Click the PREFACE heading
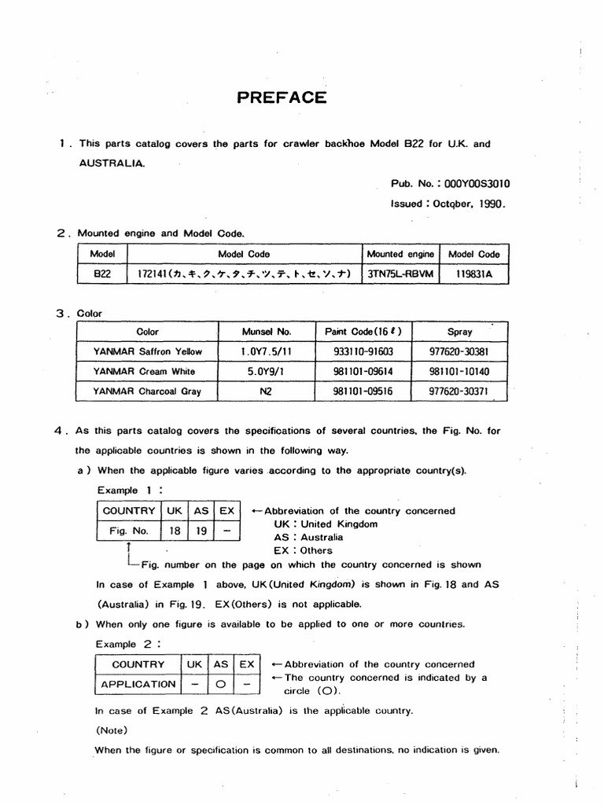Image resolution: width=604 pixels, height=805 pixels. pyautogui.click(x=281, y=97)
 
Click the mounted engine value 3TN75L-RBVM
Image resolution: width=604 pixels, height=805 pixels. pyautogui.click(x=400, y=274)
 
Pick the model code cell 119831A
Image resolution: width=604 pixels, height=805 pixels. pyautogui.click(x=473, y=274)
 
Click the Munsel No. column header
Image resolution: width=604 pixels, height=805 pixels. pyautogui.click(x=267, y=332)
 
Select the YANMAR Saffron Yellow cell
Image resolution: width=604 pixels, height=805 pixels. pyautogui.click(x=147, y=351)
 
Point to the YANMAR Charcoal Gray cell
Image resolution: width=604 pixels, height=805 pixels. pyautogui.click(x=147, y=391)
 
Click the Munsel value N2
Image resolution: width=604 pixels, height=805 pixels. pyautogui.click(x=267, y=391)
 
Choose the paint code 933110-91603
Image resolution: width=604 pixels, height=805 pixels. pyautogui.click(x=364, y=351)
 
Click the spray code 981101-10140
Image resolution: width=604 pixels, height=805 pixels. pyautogui.click(x=460, y=371)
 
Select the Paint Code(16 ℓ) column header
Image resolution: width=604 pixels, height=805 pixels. pyautogui.click(x=364, y=332)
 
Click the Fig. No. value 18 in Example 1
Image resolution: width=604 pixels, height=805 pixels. pyautogui.click(x=175, y=531)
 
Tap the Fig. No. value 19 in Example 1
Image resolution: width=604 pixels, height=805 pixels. pyautogui.click(x=201, y=531)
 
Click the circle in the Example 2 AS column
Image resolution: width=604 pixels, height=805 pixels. pyautogui.click(x=221, y=684)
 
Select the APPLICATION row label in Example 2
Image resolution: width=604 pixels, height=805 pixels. pyautogui.click(x=138, y=684)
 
